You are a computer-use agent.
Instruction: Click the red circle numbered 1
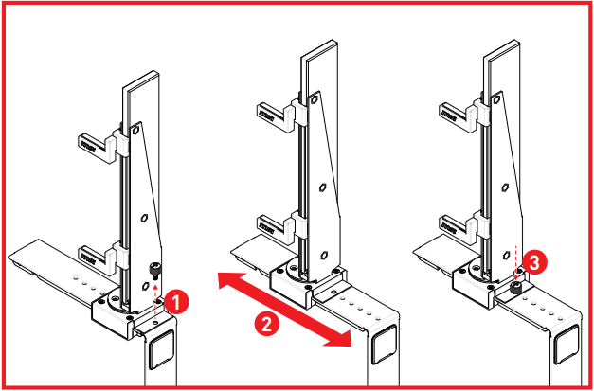[177, 301]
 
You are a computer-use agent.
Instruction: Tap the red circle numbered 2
[268, 322]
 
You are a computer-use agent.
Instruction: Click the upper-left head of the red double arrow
[223, 280]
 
